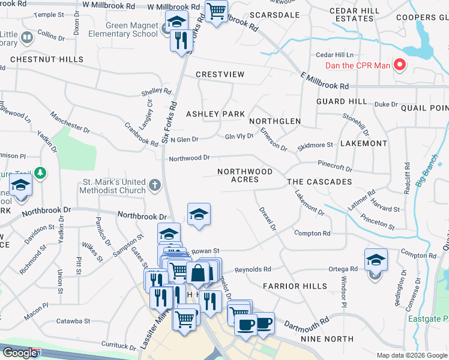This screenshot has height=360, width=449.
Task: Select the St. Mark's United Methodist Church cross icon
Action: tap(155, 184)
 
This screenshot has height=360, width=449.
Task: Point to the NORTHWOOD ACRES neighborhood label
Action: tap(245, 175)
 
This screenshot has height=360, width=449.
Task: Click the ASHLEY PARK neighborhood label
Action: tap(215, 114)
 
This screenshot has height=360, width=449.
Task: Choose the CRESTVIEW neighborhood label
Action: tap(220, 74)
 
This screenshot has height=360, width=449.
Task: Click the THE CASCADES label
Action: tap(319, 182)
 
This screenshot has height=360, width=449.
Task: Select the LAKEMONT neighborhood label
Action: tap(364, 144)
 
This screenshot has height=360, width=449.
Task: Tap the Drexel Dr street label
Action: tap(267, 219)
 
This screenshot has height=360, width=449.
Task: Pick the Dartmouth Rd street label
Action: tap(307, 322)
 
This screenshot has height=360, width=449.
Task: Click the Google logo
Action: tap(20, 353)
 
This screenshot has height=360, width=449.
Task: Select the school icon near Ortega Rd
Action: tap(376, 260)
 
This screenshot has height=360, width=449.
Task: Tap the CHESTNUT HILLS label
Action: tap(37, 60)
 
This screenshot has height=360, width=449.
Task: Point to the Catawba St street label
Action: tap(73, 322)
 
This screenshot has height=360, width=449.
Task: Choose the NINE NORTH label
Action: tap(327, 340)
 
